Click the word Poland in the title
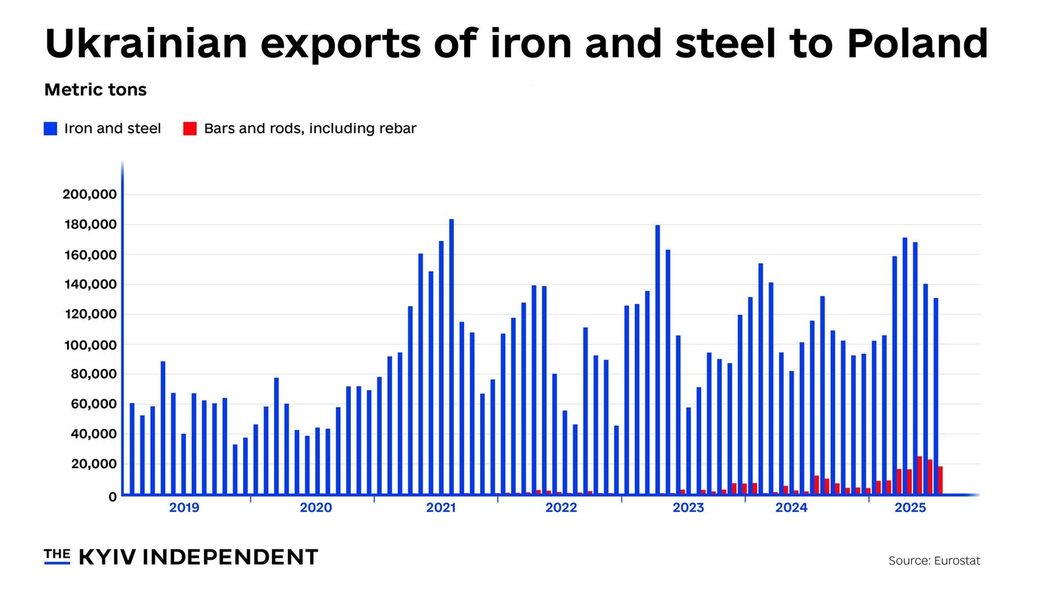(917, 43)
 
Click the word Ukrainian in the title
(146, 43)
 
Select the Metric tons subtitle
(95, 90)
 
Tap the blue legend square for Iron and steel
(50, 129)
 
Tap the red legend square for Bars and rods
(190, 129)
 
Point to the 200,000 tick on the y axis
(90, 194)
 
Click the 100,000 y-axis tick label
(90, 345)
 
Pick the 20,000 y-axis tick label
(93, 464)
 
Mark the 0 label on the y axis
(113, 497)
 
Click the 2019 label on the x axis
(184, 508)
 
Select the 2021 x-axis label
(441, 508)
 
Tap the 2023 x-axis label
(688, 508)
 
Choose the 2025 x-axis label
(910, 508)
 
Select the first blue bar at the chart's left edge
(132, 449)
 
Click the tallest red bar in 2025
(919, 475)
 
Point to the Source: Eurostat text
(934, 561)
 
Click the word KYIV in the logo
(107, 557)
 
